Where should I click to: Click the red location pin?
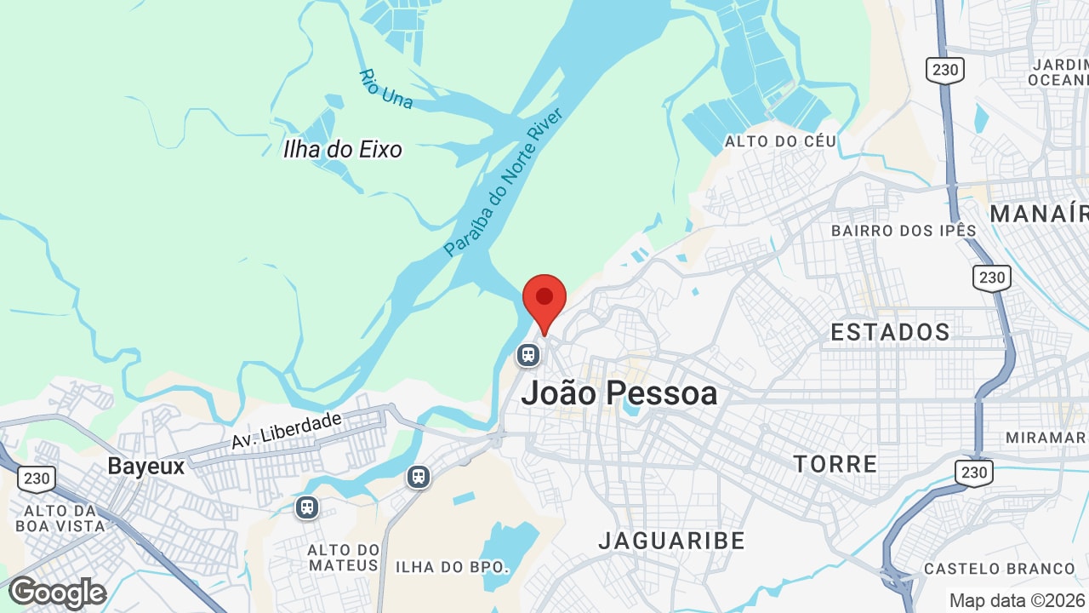(x=544, y=300)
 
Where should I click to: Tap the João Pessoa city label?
(x=619, y=393)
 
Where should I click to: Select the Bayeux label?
(x=145, y=467)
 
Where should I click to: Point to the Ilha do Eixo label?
(x=342, y=150)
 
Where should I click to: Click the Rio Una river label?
(x=385, y=89)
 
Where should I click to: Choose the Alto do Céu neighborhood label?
(x=780, y=141)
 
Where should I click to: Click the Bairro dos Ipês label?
(x=904, y=231)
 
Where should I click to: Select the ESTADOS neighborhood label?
(x=890, y=332)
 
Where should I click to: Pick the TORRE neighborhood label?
(x=835, y=464)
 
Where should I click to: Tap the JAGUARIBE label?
(x=671, y=541)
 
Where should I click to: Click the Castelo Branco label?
(x=1000, y=569)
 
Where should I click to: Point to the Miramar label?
(x=1046, y=438)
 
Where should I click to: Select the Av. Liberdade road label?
(x=286, y=431)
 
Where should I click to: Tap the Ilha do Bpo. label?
(x=452, y=567)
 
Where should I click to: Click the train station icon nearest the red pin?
(x=528, y=354)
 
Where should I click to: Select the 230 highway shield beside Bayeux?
(x=37, y=478)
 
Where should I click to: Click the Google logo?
(x=57, y=593)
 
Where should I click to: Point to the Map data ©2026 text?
(x=1016, y=600)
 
